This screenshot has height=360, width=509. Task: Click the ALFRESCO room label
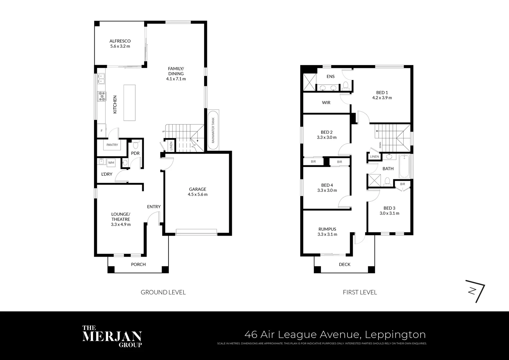(120, 41)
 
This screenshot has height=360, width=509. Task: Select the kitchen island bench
(130, 103)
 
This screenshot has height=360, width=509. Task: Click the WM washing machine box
(111, 163)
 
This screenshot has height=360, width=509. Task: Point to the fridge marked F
(101, 131)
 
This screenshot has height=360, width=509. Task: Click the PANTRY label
(112, 145)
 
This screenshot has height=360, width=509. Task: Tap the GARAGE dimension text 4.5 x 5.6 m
(198, 194)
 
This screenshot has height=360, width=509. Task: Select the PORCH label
(138, 264)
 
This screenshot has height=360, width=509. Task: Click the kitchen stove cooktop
(101, 96)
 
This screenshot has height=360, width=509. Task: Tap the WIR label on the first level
(326, 103)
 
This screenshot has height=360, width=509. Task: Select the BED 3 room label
(389, 208)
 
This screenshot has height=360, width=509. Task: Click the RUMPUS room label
(327, 229)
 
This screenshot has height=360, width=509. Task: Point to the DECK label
(344, 264)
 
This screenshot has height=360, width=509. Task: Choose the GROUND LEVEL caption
(163, 292)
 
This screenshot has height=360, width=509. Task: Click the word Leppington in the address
(395, 334)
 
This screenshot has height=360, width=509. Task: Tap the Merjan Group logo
(112, 336)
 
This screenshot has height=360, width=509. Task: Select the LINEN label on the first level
(374, 157)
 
